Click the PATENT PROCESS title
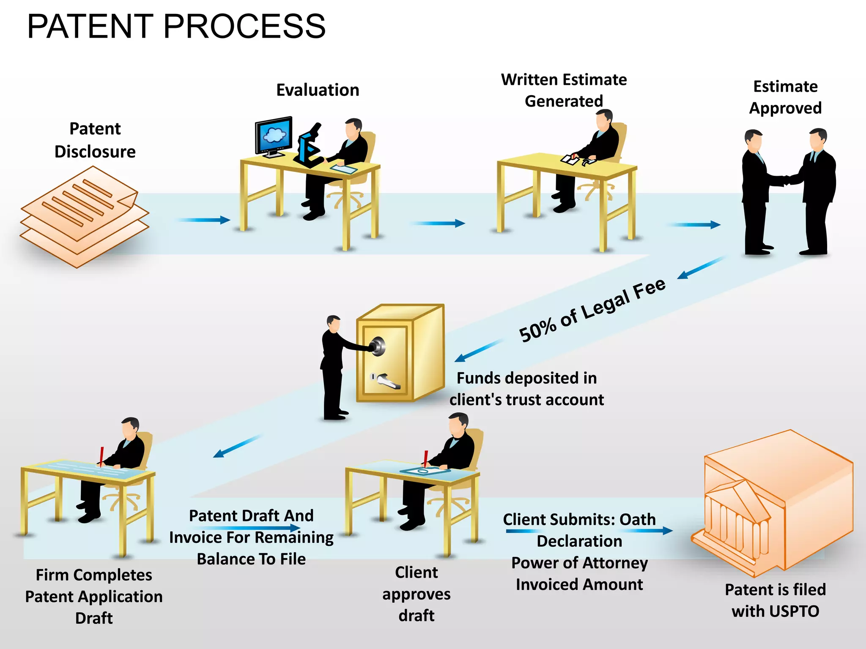pyautogui.click(x=176, y=26)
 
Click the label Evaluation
pyautogui.click(x=318, y=90)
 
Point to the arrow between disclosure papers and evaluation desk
pyautogui.click(x=204, y=220)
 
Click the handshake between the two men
pyautogui.click(x=786, y=180)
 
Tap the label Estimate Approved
pyautogui.click(x=785, y=97)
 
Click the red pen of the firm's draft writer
pyautogui.click(x=101, y=455)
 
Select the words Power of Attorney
pyautogui.click(x=579, y=563)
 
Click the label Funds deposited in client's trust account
pyautogui.click(x=526, y=389)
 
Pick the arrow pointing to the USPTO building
pyautogui.click(x=651, y=531)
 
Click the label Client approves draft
pyautogui.click(x=417, y=594)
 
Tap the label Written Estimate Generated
pyautogui.click(x=564, y=90)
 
